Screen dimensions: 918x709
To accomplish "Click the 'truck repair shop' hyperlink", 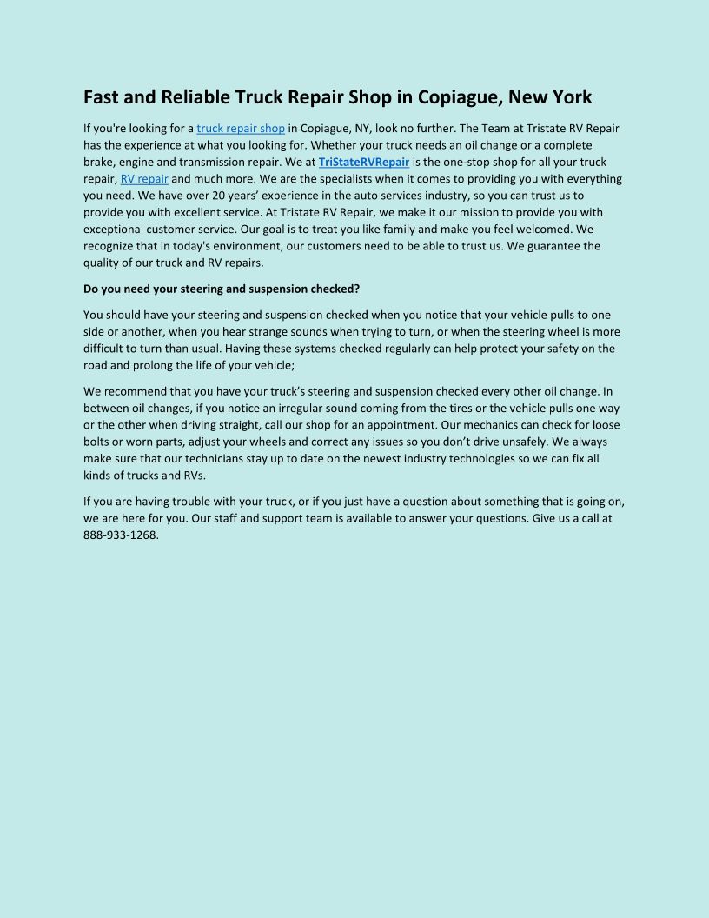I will click(241, 129).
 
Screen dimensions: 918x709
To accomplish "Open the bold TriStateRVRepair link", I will click(364, 162).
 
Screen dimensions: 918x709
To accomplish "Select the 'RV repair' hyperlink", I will click(144, 179).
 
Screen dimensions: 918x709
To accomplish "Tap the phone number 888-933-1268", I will click(121, 535).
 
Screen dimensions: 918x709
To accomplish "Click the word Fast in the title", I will click(103, 96).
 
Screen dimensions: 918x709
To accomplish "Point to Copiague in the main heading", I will click(457, 96).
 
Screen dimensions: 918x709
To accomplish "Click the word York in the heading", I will click(572, 96).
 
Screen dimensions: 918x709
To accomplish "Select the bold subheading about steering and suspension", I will click(222, 288).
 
